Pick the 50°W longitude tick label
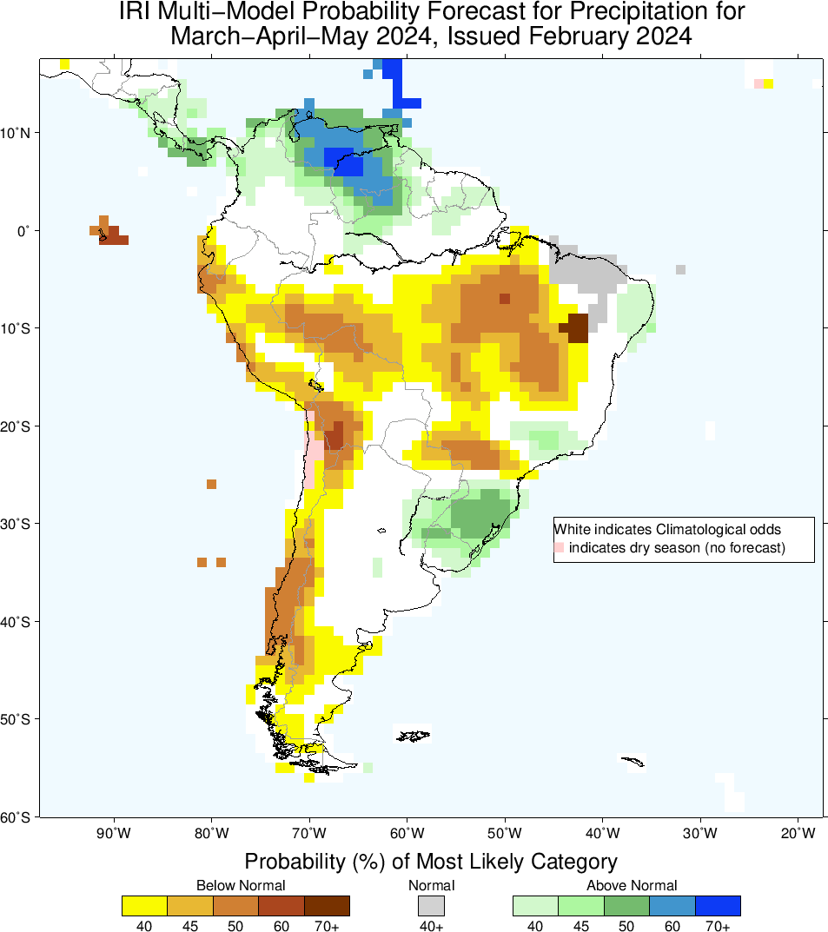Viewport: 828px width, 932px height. point(505,835)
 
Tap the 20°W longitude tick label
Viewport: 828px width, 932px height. point(798,835)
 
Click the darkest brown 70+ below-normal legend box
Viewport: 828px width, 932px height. point(327,905)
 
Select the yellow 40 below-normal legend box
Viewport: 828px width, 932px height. point(145,905)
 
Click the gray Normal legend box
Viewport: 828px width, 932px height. point(431,905)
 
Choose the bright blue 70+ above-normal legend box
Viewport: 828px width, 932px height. point(718,905)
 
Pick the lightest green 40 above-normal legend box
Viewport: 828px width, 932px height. point(535,905)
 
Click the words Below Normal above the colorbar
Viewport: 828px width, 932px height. point(241,885)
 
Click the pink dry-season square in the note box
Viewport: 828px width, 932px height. point(560,547)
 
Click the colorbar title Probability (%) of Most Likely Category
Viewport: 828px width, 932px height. point(431,862)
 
